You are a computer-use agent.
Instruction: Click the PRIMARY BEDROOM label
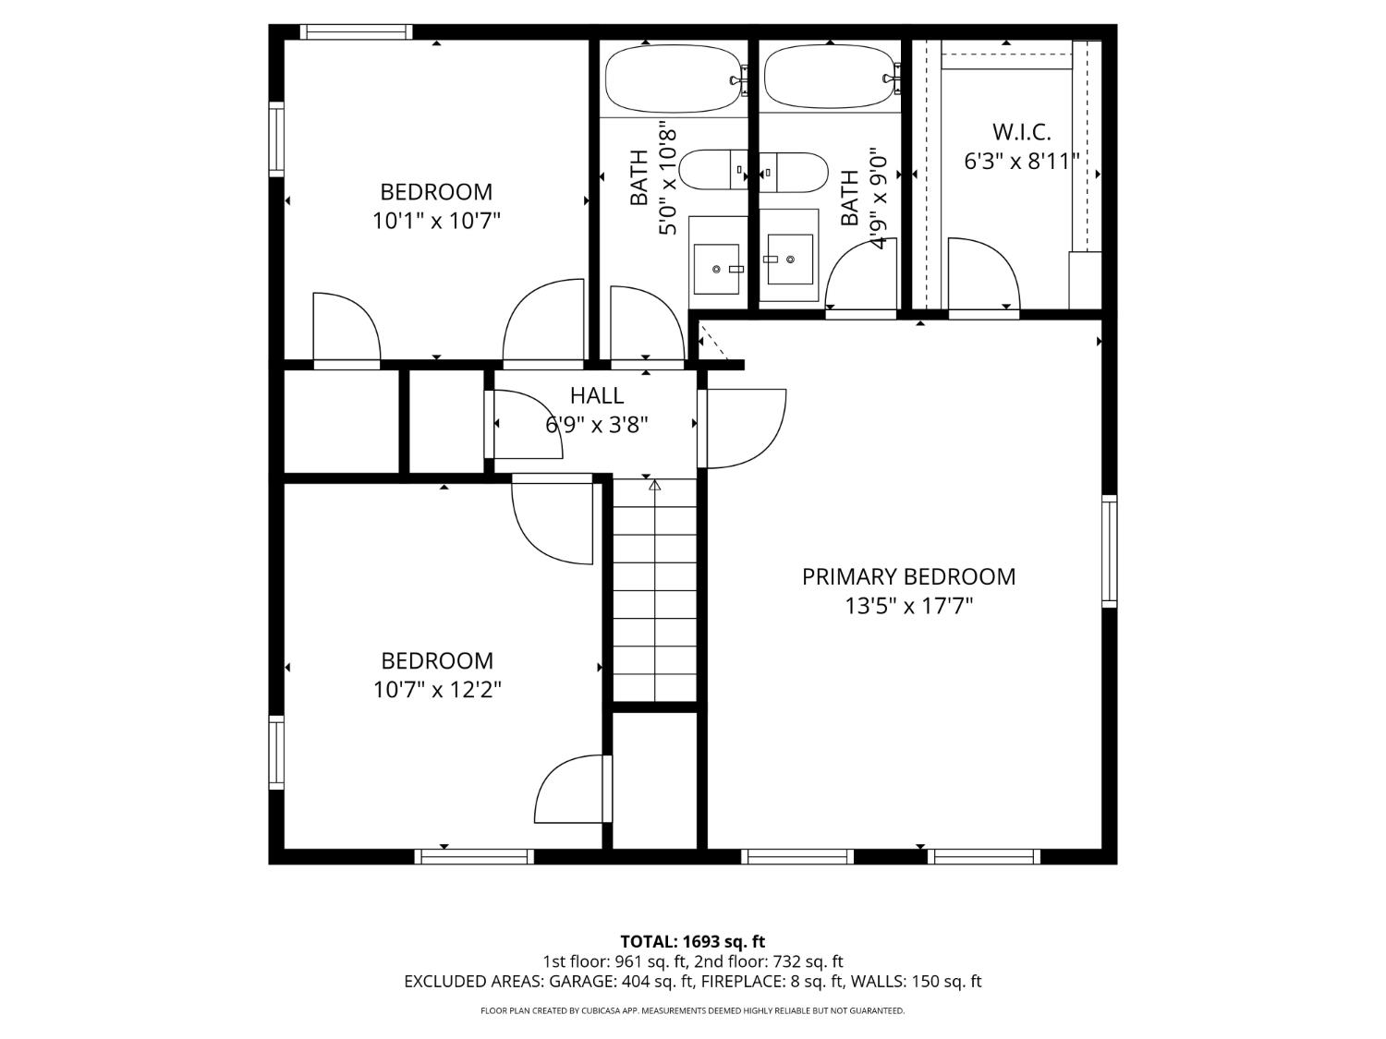pos(908,576)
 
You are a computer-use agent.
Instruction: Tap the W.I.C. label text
pos(1021,132)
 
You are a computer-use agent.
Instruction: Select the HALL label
pos(597,395)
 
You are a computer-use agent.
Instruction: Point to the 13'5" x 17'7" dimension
pos(908,606)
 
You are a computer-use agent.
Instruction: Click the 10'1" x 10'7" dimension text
pos(436,221)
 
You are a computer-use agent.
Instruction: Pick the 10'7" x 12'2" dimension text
pos(437,690)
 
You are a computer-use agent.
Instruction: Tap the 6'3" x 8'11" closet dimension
pos(1021,162)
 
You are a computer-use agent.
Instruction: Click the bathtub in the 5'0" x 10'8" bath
pos(673,79)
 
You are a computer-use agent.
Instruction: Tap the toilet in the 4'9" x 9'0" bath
pos(793,172)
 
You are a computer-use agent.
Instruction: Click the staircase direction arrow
pos(655,590)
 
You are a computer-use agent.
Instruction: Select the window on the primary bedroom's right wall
pos(1110,551)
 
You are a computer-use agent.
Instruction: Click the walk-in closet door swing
pos(983,273)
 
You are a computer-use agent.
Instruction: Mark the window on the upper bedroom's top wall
pos(356,31)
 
